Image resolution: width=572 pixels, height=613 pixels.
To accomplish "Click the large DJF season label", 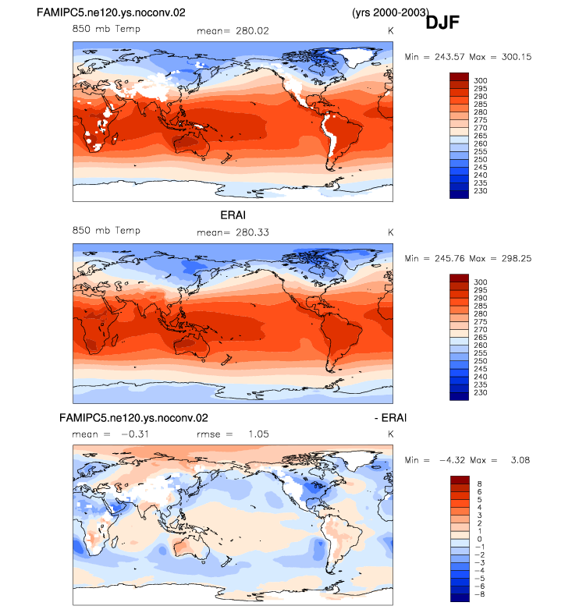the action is tap(442, 23).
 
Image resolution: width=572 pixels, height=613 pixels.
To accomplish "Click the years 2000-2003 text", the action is tap(390, 12).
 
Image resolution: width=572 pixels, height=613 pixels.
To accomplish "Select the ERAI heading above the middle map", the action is tap(233, 215).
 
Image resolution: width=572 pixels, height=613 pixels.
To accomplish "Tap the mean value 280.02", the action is tap(252, 31).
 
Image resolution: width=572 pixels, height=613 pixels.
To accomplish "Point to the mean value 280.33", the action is tap(252, 232).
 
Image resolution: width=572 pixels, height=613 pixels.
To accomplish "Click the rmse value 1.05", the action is tap(258, 434).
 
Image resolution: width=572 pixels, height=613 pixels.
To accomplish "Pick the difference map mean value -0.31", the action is tap(134, 434).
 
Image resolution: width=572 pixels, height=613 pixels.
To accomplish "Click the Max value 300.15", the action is tap(517, 57).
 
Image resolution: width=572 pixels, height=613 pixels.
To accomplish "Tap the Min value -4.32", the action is tap(453, 460).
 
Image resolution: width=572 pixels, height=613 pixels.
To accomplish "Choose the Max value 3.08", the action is tap(520, 460).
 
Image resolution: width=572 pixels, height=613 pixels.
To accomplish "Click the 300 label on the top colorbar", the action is tap(481, 80).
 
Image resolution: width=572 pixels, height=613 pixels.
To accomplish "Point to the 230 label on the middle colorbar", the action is tap(481, 392).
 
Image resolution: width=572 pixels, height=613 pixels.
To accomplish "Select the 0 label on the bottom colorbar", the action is tap(479, 539).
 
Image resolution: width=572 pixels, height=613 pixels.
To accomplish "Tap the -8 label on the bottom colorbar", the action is tap(479, 594).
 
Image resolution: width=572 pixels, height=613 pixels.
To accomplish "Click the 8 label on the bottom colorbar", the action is tap(479, 484).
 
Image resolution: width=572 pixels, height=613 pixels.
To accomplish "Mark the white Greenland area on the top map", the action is tap(357, 58).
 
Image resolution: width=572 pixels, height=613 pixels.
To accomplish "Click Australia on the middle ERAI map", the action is tap(191, 347).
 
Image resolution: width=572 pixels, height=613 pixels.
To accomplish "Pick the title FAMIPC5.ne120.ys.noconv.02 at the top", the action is tap(111, 12).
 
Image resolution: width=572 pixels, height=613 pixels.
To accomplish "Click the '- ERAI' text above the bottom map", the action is tap(390, 418).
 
